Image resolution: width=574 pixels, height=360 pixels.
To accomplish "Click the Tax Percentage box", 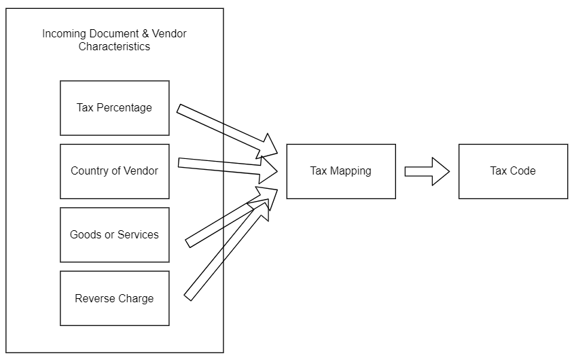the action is (115, 108).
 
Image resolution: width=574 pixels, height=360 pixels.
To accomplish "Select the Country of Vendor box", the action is (115, 171).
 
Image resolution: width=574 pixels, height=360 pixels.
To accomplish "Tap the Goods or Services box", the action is (115, 235).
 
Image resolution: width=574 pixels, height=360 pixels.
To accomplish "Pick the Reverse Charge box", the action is (115, 298).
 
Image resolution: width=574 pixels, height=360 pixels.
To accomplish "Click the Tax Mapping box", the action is (341, 171).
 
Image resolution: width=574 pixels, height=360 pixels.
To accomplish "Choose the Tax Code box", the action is (513, 171).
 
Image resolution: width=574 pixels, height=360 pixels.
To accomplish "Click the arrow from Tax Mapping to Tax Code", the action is (427, 171).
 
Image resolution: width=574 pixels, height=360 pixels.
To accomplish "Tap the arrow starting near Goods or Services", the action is (232, 217).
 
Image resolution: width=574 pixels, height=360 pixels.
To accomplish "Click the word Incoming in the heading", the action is (65, 34).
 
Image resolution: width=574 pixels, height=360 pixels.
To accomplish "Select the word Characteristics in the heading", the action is (114, 46).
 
